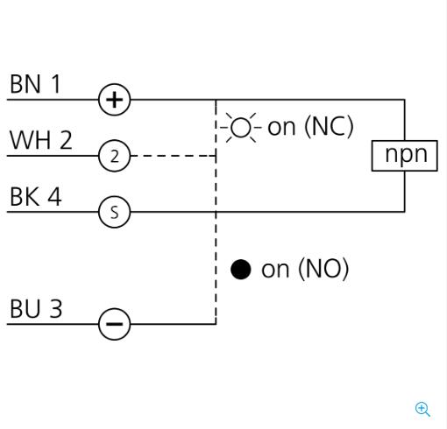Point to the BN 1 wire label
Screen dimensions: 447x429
tap(35, 84)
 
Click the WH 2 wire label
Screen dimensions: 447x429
tap(41, 140)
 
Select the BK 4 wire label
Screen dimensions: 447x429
tap(36, 196)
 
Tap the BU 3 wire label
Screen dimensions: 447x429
tap(36, 308)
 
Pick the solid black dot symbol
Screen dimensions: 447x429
tap(240, 269)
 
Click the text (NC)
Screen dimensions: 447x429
tap(329, 127)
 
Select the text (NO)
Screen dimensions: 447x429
tap(323, 269)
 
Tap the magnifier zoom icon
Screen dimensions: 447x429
tap(422, 409)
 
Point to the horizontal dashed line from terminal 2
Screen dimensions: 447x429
tap(173, 156)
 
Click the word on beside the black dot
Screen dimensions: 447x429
tap(275, 270)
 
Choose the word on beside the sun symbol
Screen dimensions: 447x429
tap(281, 128)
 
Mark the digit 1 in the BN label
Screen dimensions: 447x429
tap(55, 84)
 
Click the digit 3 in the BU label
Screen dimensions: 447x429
tap(56, 309)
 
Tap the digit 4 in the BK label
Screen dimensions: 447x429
tap(54, 196)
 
